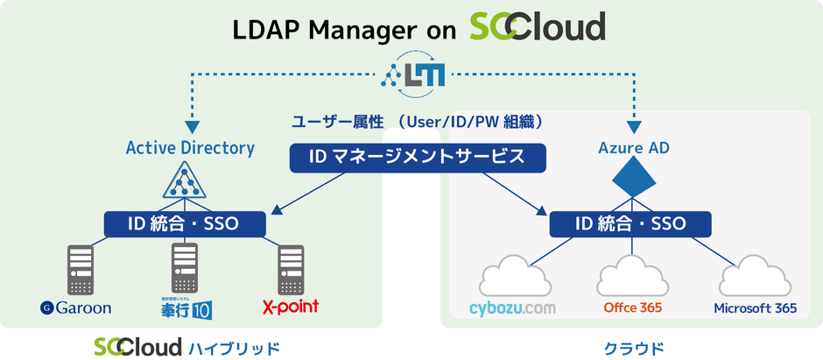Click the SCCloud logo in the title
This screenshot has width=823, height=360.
pyautogui.click(x=536, y=28)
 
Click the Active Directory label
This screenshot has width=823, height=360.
pyautogui.click(x=190, y=147)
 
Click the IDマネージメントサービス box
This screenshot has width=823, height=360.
pyautogui.click(x=417, y=158)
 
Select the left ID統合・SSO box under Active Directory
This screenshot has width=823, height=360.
pyautogui.click(x=184, y=222)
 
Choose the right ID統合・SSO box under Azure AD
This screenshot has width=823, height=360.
pyautogui.click(x=630, y=223)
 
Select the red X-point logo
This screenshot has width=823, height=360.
pyautogui.click(x=290, y=307)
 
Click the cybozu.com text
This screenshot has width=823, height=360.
pyautogui.click(x=513, y=308)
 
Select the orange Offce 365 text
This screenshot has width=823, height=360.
pyautogui.click(x=632, y=308)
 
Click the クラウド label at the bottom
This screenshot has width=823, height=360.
pyautogui.click(x=630, y=347)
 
